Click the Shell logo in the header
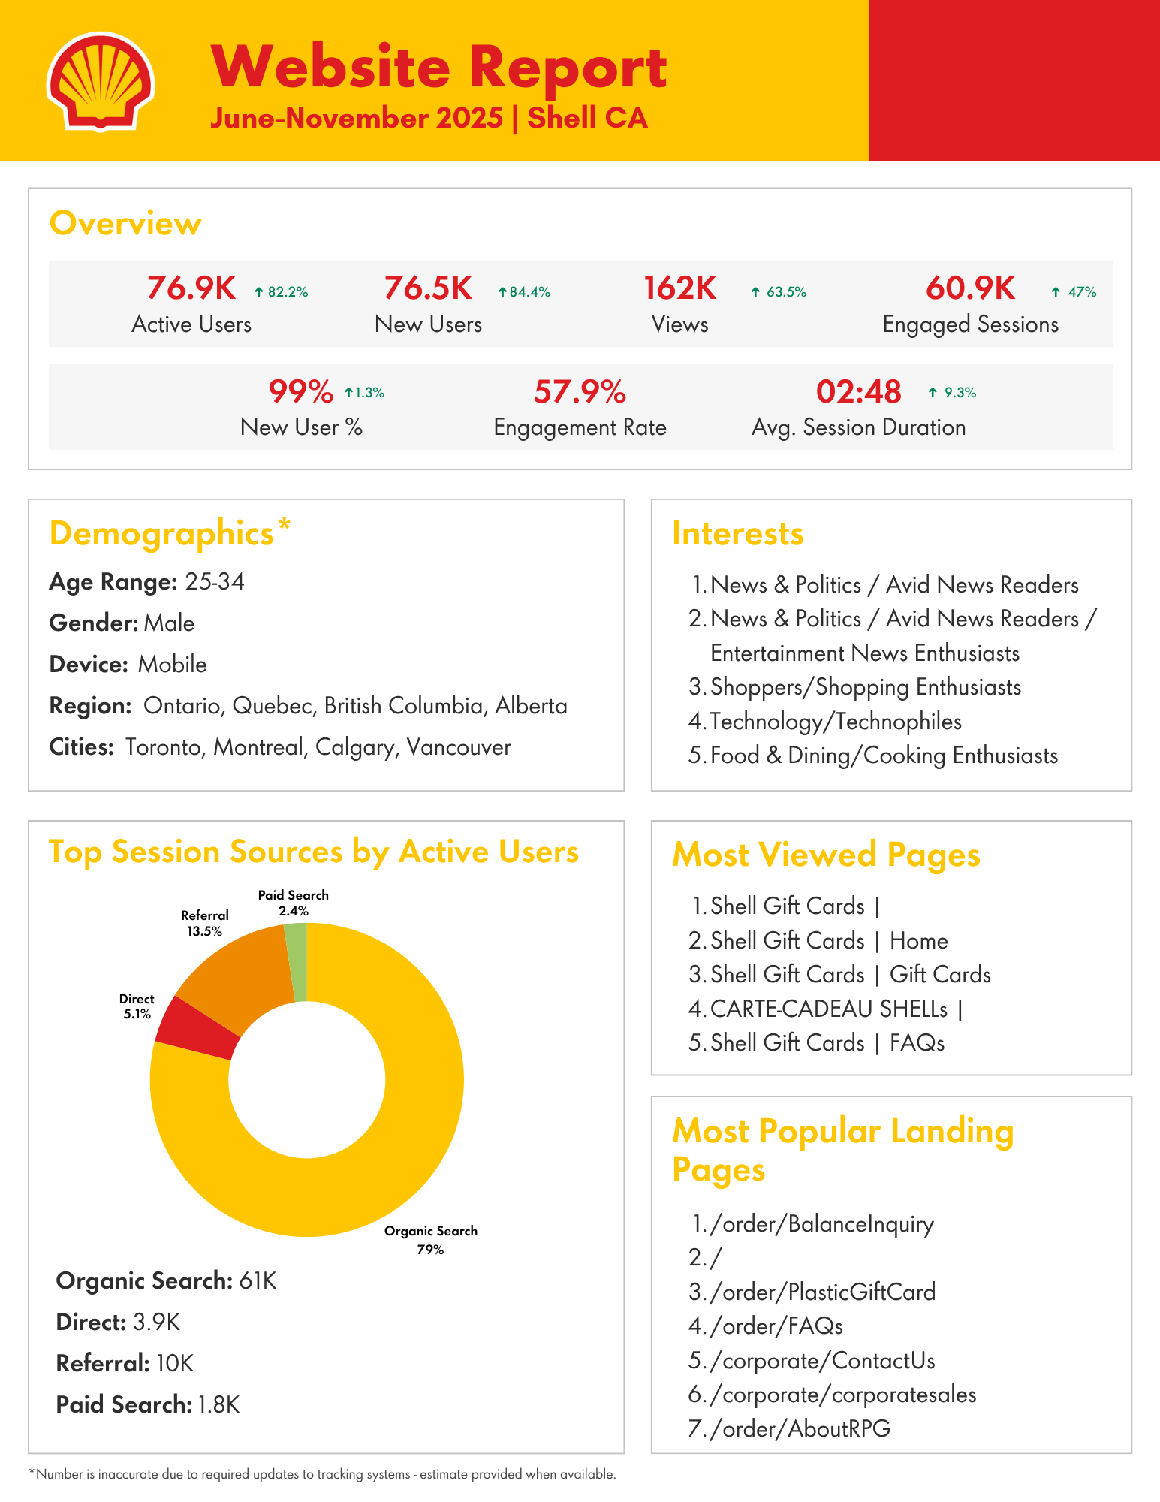coord(100,81)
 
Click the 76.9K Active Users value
coord(191,288)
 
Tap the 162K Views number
coord(680,288)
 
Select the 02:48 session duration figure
coord(858,392)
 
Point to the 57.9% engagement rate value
coord(580,392)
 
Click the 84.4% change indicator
coord(524,292)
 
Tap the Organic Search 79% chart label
coord(431,1240)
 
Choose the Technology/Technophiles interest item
coord(836,722)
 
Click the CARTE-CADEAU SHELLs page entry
coord(829,1009)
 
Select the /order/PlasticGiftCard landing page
coord(823,1292)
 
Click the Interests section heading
coord(737,534)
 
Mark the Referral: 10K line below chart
coord(125,1363)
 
